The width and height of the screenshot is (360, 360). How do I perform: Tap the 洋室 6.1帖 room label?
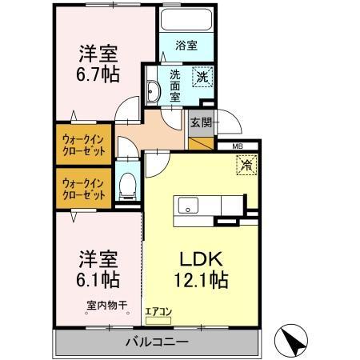click(99, 270)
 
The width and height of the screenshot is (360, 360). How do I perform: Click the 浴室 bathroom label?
click(185, 46)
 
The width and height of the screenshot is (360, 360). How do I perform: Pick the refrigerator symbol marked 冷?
click(244, 166)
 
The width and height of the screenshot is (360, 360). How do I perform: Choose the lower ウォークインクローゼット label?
click(85, 188)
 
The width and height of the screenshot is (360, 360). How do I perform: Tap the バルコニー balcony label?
click(157, 342)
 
